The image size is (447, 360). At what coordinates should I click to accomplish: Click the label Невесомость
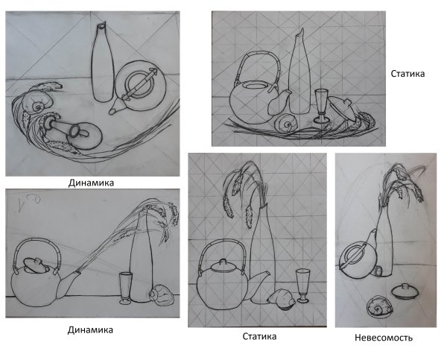pyautogui.click(x=384, y=338)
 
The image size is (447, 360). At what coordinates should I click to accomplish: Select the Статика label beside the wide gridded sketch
pyautogui.click(x=408, y=74)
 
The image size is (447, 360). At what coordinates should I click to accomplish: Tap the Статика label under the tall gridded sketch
pyautogui.click(x=259, y=336)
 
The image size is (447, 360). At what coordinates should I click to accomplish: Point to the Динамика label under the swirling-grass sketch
pyautogui.click(x=91, y=183)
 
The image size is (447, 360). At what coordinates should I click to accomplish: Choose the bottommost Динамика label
pyautogui.click(x=90, y=330)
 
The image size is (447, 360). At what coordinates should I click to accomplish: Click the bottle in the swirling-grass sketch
pyautogui.click(x=102, y=63)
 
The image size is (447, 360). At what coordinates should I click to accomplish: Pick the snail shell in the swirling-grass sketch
pyautogui.click(x=37, y=102)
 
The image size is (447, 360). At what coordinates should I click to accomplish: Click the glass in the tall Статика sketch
pyautogui.click(x=302, y=285)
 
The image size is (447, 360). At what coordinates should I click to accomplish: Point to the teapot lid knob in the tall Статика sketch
pyautogui.click(x=223, y=262)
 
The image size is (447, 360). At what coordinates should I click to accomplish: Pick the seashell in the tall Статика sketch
pyautogui.click(x=281, y=299)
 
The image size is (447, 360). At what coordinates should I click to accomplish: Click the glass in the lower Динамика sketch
pyautogui.click(x=126, y=288)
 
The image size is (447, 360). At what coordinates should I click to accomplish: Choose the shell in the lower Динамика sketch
pyautogui.click(x=162, y=294)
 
